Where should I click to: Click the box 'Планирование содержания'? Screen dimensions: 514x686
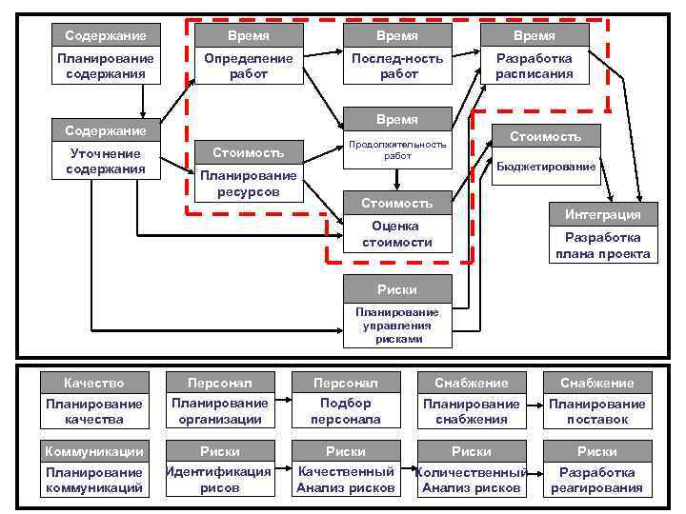click(x=106, y=66)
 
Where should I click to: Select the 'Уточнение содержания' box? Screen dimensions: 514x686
click(x=106, y=161)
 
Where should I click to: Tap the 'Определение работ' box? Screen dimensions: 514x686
click(x=249, y=66)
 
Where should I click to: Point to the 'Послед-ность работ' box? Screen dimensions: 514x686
click(x=398, y=66)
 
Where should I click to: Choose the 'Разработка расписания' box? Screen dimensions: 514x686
click(x=534, y=66)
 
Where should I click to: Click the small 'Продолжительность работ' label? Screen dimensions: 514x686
click(x=398, y=149)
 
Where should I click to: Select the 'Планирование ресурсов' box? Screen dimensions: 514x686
click(x=249, y=184)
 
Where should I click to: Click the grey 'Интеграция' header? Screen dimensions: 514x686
click(x=602, y=214)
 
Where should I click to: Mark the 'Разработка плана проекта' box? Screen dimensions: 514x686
click(x=602, y=246)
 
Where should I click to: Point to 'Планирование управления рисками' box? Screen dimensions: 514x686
click(x=397, y=326)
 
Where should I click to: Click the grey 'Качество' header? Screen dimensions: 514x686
click(x=93, y=383)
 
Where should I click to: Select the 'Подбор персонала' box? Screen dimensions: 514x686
click(x=346, y=411)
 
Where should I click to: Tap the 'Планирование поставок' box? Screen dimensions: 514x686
click(x=597, y=411)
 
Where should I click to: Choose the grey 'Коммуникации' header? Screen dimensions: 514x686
click(x=93, y=451)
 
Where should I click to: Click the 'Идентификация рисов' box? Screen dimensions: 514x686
click(x=219, y=480)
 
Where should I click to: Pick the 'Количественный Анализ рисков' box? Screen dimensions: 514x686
click(x=472, y=480)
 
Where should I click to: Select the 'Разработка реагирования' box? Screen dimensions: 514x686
click(x=597, y=480)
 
